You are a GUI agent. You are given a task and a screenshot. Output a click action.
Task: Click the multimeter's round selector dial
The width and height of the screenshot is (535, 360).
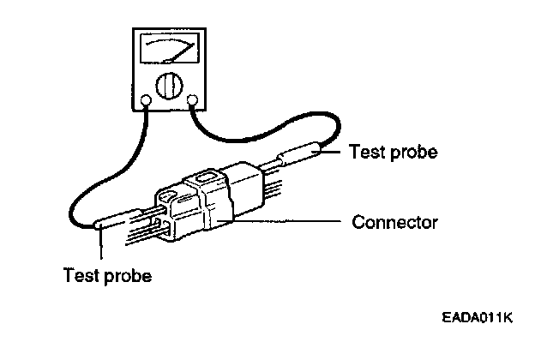(168, 87)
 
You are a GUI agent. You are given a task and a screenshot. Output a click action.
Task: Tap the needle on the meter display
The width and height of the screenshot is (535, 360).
(181, 51)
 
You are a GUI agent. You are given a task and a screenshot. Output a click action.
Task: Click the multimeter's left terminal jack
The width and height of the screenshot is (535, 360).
(147, 100)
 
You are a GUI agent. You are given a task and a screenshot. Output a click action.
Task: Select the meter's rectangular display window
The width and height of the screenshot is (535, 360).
(168, 49)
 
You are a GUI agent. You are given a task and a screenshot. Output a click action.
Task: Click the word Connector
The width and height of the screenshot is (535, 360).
(395, 223)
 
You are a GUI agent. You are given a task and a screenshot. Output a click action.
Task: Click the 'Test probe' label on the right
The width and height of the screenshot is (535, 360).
(394, 153)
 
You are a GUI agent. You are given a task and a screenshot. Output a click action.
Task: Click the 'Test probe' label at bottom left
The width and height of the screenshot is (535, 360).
(108, 276)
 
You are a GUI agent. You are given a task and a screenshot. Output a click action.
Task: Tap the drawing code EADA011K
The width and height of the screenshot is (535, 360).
(476, 318)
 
